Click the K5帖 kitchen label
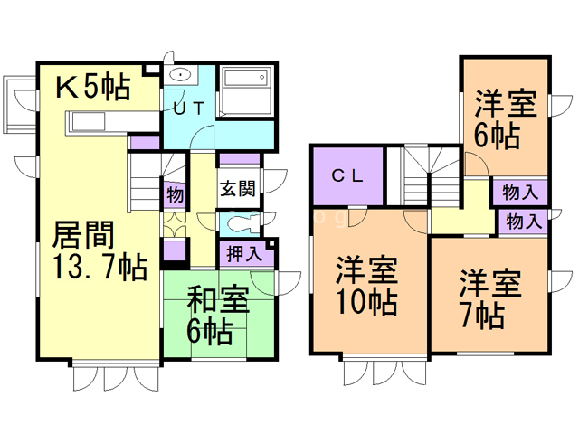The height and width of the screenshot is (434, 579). tap(93, 88)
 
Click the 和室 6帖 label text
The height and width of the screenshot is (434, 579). tap(218, 313)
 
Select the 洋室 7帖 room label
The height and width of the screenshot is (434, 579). tap(489, 298)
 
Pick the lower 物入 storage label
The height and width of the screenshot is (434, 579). tap(524, 222)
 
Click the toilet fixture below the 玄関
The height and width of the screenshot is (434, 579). tap(237, 222)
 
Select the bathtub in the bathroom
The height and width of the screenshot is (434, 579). tap(246, 90)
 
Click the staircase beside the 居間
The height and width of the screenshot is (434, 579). tap(145, 181)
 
